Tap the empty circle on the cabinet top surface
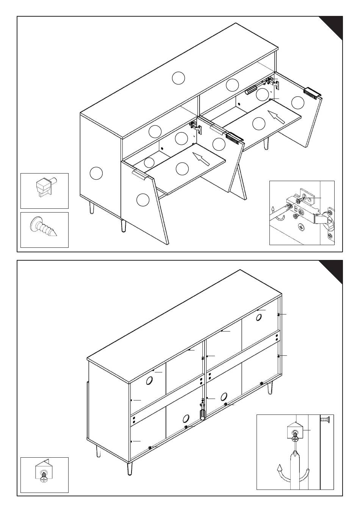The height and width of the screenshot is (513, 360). [178, 78]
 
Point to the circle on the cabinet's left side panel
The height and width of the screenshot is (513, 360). [96, 173]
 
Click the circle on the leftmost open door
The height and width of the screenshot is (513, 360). [143, 200]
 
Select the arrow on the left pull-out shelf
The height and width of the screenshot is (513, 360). [201, 159]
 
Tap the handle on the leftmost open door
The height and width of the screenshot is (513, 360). [140, 175]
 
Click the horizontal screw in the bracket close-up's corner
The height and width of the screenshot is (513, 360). [326, 419]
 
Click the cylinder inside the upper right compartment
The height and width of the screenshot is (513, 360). [251, 91]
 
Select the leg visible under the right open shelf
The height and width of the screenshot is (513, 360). [267, 144]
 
